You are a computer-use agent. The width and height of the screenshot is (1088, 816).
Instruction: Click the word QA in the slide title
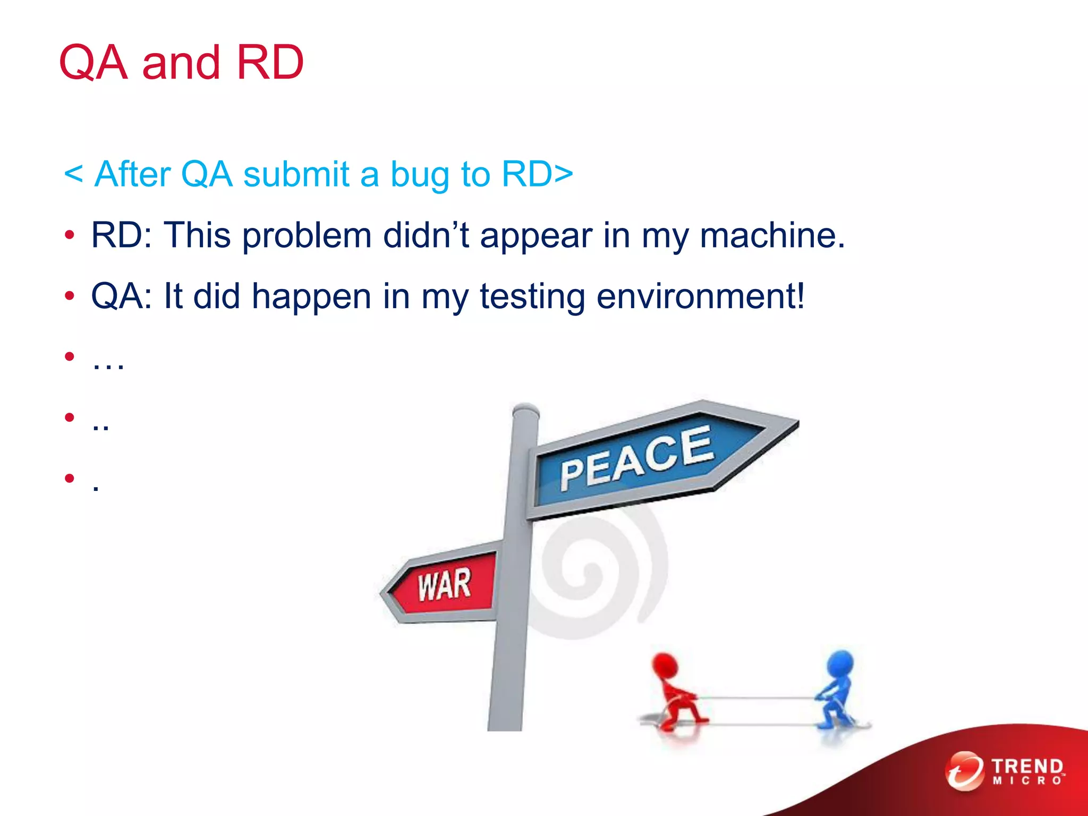93,63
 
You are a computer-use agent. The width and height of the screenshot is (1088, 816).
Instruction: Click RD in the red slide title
270,63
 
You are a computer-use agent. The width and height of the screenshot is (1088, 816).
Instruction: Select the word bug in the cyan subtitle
420,175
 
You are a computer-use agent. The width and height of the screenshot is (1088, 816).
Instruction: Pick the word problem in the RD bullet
307,236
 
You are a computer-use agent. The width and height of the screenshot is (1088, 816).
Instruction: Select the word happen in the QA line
311,297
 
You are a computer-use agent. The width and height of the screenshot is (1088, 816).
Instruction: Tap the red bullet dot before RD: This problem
70,235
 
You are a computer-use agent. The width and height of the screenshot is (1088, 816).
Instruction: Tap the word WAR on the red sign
444,585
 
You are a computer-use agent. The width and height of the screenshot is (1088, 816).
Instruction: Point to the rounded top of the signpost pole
525,410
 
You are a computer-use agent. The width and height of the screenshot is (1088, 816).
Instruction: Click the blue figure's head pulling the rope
840,662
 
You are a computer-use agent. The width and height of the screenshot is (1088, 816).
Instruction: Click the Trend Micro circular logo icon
964,770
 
